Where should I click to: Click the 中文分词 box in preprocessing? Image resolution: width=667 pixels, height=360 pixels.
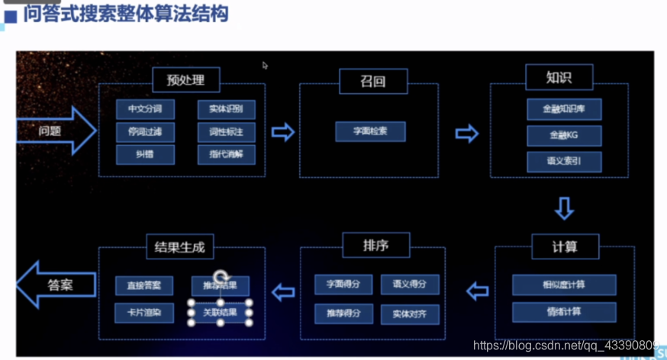pyautogui.click(x=145, y=110)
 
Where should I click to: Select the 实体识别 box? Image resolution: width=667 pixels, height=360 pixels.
pyautogui.click(x=226, y=110)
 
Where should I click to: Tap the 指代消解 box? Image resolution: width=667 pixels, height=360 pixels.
pyautogui.click(x=226, y=155)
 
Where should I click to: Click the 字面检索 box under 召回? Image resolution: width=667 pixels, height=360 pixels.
pyautogui.click(x=370, y=131)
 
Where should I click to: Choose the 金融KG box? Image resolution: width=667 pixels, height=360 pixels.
pyautogui.click(x=564, y=136)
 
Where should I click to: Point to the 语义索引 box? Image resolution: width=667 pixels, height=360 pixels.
pyautogui.click(x=564, y=162)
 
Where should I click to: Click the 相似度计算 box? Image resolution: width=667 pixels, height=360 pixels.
pyautogui.click(x=564, y=284)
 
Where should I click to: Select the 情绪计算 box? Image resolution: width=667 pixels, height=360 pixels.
pyautogui.click(x=564, y=312)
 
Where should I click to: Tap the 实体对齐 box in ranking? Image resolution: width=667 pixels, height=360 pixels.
pyautogui.click(x=410, y=313)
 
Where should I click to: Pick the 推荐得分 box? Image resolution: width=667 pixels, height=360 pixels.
pyautogui.click(x=343, y=313)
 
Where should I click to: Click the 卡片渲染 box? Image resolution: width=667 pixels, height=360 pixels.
pyautogui.click(x=144, y=313)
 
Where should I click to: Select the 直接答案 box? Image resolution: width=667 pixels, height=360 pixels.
pyautogui.click(x=144, y=286)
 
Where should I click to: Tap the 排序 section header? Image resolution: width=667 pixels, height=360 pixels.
pyautogui.click(x=375, y=246)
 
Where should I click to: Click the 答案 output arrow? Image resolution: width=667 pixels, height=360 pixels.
pyautogui.click(x=56, y=286)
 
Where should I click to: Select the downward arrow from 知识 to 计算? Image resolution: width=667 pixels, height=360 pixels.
pyautogui.click(x=563, y=207)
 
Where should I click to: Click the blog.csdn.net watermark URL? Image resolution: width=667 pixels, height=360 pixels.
pyautogui.click(x=565, y=346)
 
